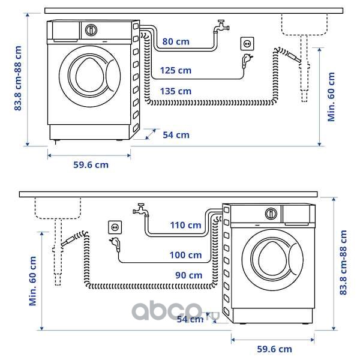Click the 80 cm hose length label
(176, 42)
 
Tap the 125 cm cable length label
(176, 71)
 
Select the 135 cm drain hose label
(176, 91)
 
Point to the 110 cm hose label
(185, 226)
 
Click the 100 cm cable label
(185, 255)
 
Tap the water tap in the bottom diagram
(140, 209)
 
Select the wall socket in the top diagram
(246, 43)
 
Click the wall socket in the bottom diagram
(115, 227)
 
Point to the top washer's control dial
(91, 29)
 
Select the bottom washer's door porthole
(272, 259)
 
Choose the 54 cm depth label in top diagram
(176, 135)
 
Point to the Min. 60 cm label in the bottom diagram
(32, 281)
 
